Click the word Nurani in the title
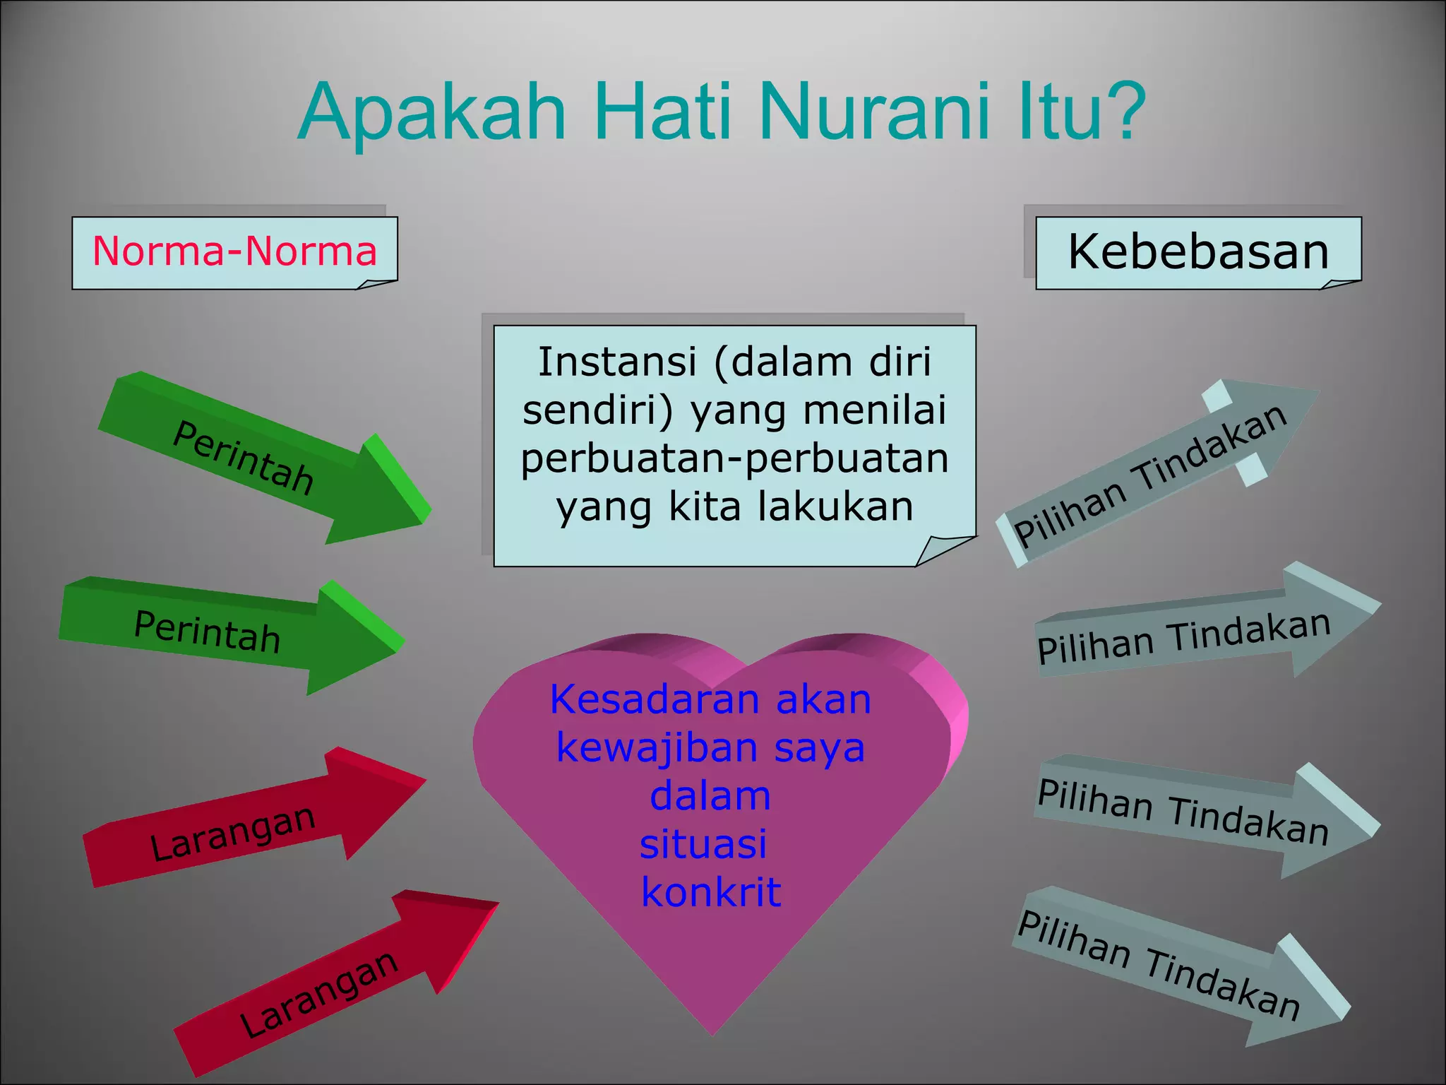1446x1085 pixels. [x=878, y=113]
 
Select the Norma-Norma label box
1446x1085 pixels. [x=234, y=252]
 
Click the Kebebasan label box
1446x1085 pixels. [x=1197, y=252]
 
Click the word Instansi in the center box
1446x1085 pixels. [x=617, y=362]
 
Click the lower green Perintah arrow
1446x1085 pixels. [x=226, y=632]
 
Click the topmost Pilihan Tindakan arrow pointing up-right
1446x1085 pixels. [x=1158, y=473]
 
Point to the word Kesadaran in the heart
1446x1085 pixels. [x=655, y=700]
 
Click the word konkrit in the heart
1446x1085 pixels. [x=711, y=892]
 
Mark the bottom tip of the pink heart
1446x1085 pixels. [x=712, y=1033]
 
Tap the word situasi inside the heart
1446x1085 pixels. [x=703, y=844]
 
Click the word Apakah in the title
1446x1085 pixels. [x=432, y=113]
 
